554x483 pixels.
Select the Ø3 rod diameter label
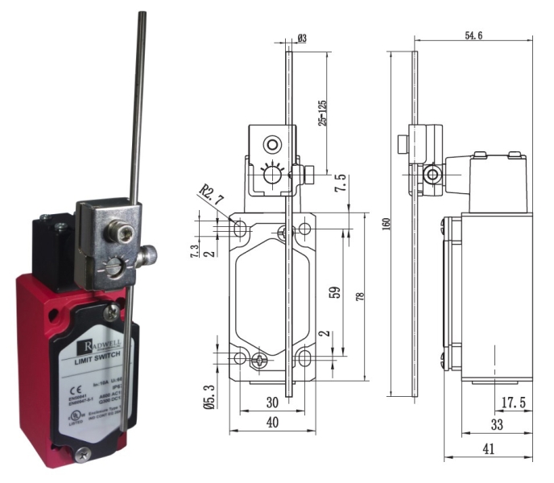tap(301, 37)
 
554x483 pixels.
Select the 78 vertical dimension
tap(360, 296)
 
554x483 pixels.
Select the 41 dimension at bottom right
tap(490, 449)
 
